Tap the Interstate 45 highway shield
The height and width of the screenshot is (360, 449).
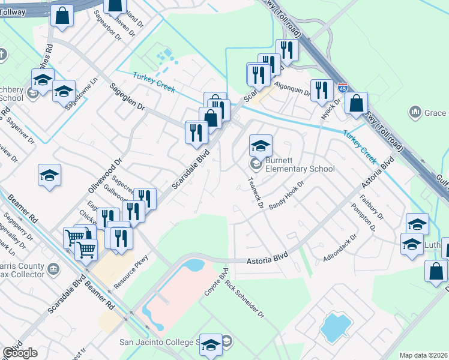pyautogui.click(x=342, y=88)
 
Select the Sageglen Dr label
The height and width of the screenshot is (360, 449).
pyautogui.click(x=127, y=97)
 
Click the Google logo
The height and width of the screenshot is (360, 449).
pyautogui.click(x=20, y=353)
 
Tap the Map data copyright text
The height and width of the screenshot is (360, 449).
pyautogui.click(x=423, y=355)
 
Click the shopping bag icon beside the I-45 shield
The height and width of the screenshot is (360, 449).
pyautogui.click(x=356, y=103)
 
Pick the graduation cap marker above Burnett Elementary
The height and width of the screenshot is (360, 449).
pyautogui.click(x=261, y=146)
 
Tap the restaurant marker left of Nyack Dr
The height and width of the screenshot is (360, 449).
pyautogui.click(x=321, y=91)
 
